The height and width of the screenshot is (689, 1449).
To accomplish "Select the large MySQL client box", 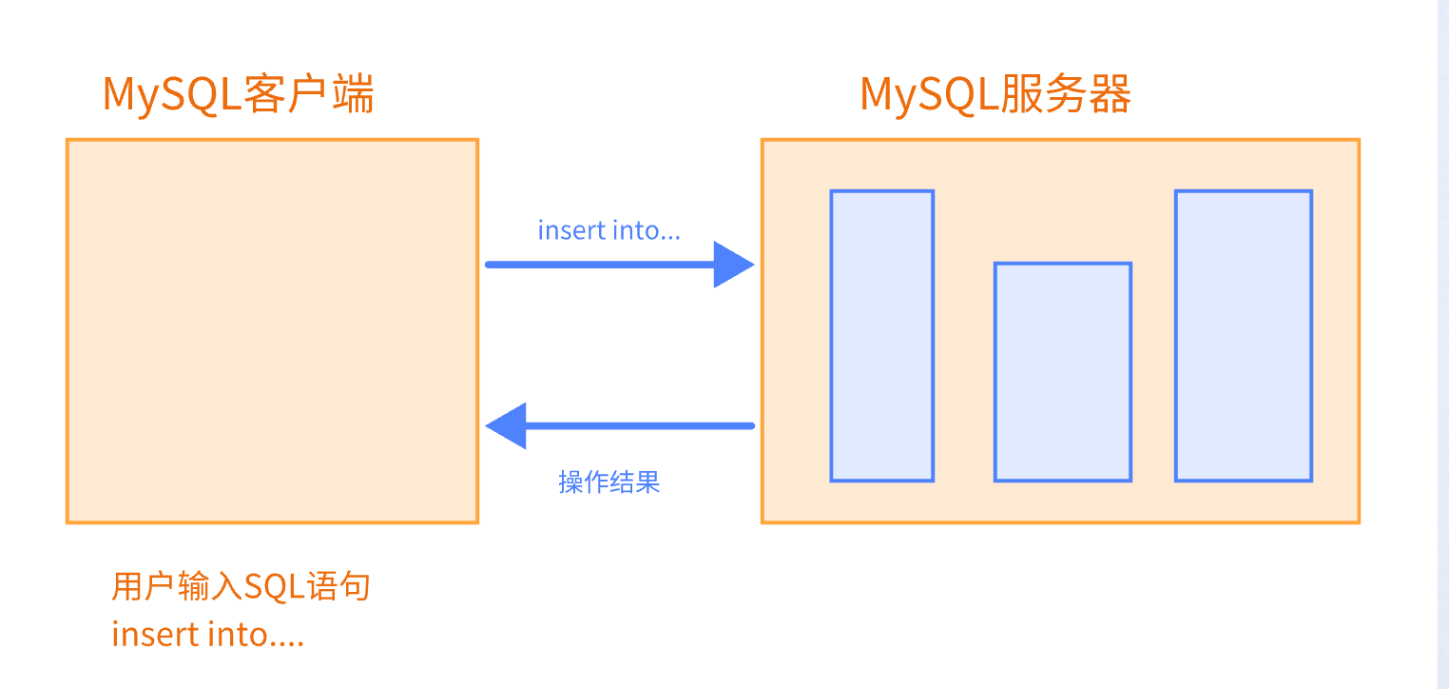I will [x=272, y=331].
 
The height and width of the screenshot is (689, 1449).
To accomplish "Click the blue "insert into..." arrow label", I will [x=609, y=230].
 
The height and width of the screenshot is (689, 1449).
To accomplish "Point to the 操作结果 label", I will [x=609, y=482].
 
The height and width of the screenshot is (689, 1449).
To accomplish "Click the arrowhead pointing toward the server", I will [x=733, y=264].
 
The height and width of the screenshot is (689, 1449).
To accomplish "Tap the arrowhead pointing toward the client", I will [x=507, y=425].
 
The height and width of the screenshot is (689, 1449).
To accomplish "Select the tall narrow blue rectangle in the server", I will [x=881, y=336].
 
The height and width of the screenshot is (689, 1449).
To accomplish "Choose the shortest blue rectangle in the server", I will [x=1062, y=372].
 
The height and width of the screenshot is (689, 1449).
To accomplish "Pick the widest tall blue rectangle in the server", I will [x=1243, y=336].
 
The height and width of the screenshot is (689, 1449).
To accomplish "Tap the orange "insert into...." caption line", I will [x=208, y=634].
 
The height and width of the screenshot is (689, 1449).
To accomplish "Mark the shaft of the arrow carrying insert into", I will [x=599, y=265].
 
